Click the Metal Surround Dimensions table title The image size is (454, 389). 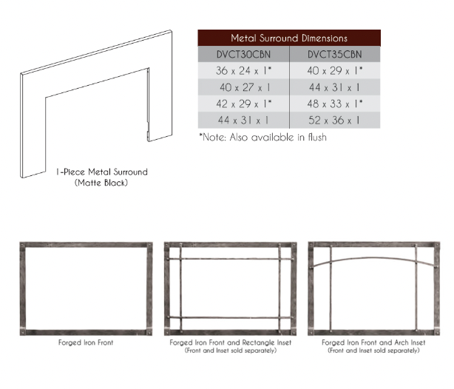coord(289,38)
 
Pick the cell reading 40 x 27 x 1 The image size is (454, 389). coord(243,87)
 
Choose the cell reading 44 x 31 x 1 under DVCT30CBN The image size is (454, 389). coord(243,120)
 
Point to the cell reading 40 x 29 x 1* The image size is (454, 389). coord(336,71)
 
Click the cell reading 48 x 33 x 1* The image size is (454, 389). coord(336,104)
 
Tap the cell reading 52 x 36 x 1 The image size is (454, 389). coord(334,120)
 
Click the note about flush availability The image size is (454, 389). coord(262,137)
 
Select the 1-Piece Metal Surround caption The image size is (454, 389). coord(101,172)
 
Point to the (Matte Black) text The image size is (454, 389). coord(101,182)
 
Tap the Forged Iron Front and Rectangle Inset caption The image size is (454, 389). coord(230,343)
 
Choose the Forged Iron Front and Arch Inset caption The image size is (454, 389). coord(373,343)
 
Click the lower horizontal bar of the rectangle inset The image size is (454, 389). coord(230,317)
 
